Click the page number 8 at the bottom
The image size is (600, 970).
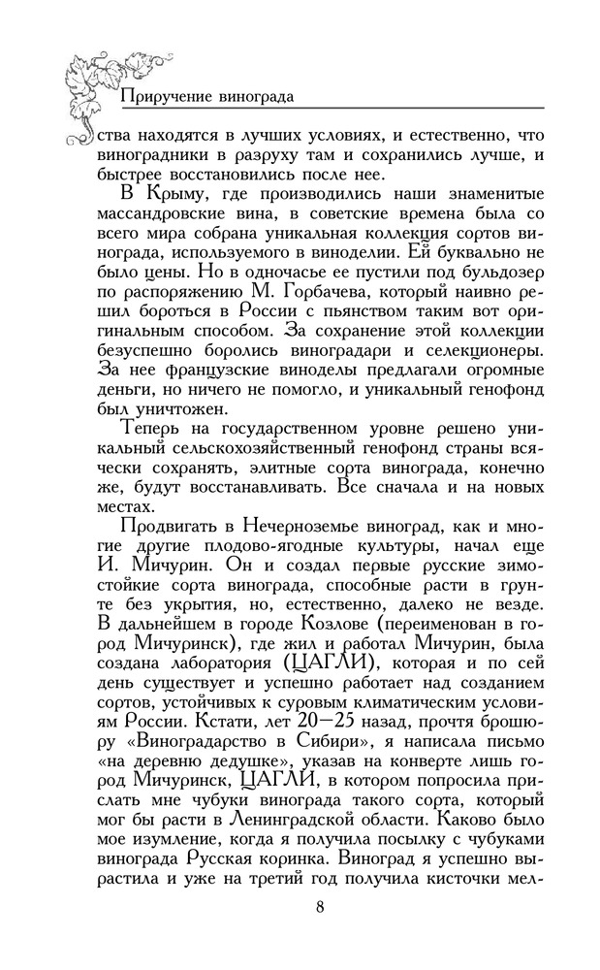(x=319, y=908)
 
